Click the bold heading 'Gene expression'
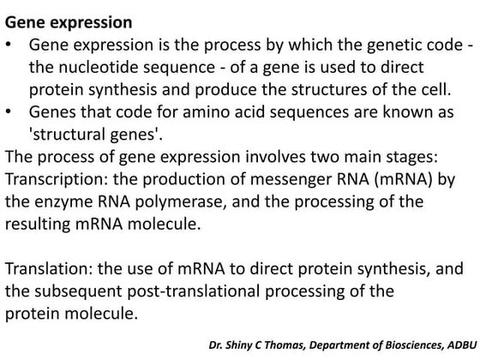coord(69,18)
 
